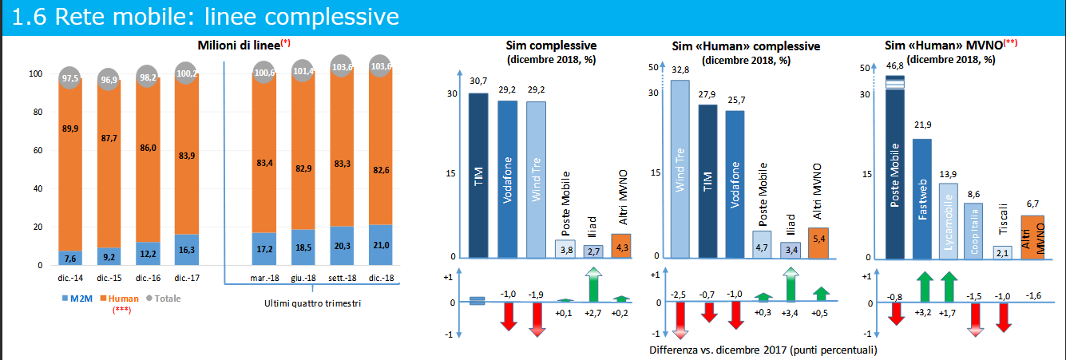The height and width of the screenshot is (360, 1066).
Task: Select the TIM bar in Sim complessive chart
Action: click(478, 176)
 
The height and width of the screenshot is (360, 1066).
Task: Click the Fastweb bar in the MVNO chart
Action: click(922, 199)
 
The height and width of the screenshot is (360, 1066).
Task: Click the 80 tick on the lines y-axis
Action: click(35, 113)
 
